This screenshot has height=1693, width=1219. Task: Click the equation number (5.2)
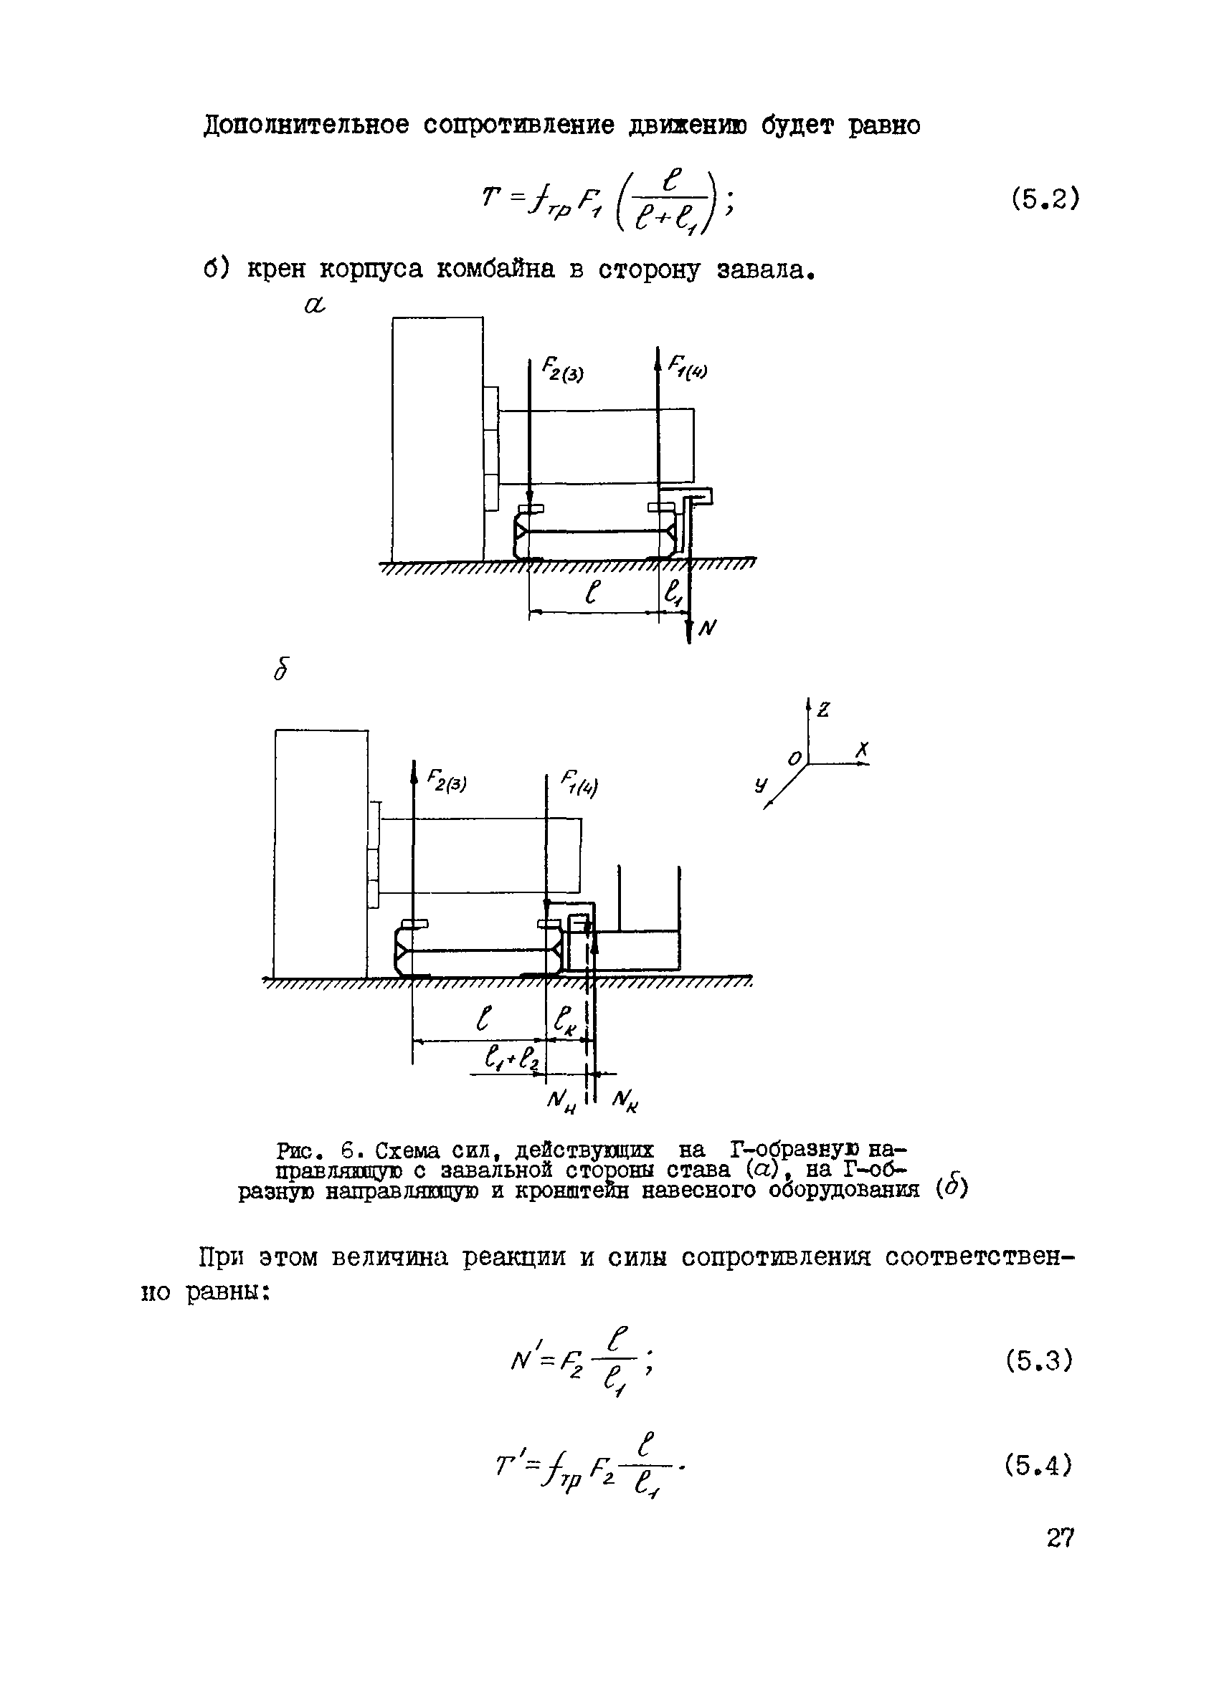(x=1045, y=199)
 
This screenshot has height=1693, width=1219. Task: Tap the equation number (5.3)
(x=1039, y=1362)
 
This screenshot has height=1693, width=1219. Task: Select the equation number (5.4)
(x=1039, y=1465)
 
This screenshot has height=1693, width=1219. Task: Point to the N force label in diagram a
(x=707, y=629)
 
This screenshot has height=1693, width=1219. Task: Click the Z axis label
(x=824, y=709)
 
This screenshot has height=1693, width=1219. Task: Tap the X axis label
(x=863, y=750)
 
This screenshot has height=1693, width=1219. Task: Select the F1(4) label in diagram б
(x=579, y=786)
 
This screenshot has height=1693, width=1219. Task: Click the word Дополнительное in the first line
(x=306, y=125)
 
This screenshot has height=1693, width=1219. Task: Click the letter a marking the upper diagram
(x=316, y=305)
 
